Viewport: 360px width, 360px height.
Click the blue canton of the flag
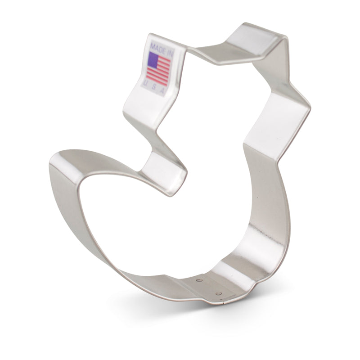pos(153,58)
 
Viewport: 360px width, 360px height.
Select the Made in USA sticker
pos(158,67)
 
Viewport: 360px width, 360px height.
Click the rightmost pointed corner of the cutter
pos(310,107)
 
